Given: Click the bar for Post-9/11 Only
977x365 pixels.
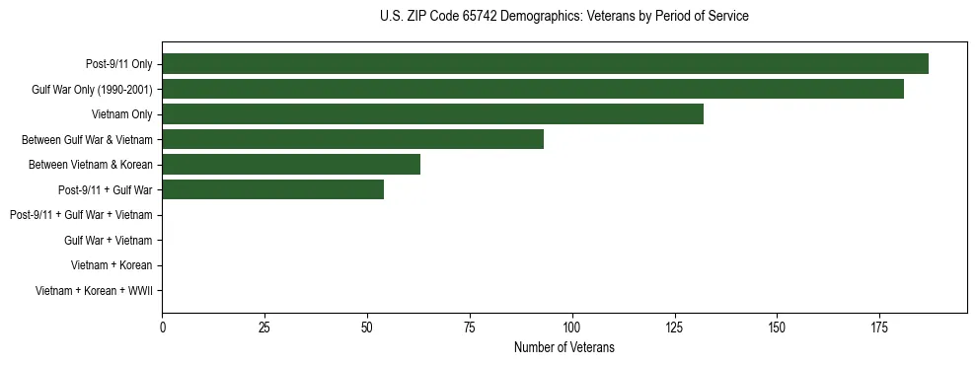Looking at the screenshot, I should coord(545,64).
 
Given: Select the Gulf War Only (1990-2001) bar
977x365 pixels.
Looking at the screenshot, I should coord(533,90).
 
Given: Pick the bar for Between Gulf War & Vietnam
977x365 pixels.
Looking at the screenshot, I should coord(352,140).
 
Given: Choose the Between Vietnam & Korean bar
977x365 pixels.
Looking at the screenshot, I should coord(291,165).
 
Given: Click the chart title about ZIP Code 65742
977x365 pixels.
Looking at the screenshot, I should coord(564,17).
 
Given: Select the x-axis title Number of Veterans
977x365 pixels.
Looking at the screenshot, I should coord(564,347).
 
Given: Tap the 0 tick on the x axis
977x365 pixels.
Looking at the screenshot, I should coord(163,326).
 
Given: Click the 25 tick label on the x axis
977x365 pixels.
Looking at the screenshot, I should coord(264,326).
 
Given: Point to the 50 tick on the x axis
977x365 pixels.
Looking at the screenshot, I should coord(367,326).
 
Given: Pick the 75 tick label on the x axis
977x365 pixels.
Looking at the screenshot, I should coord(470,326).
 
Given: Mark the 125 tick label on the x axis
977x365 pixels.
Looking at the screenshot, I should coord(674,326).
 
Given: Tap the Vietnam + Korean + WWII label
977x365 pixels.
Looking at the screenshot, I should coord(94,291).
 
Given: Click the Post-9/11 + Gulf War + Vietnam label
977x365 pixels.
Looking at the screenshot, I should coord(81,215).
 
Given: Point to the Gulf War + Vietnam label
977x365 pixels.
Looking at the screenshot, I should coord(108,241).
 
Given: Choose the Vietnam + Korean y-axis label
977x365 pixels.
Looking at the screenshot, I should coord(112,265).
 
